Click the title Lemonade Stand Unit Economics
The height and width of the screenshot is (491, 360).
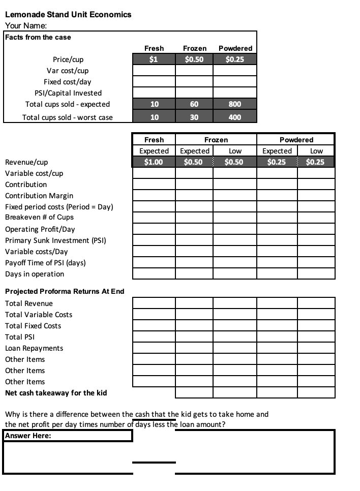[68, 14]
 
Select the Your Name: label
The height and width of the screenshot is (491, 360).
[26, 26]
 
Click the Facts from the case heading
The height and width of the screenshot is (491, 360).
[38, 37]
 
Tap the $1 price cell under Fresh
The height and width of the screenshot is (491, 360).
[154, 59]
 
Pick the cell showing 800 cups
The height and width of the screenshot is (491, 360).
[235, 104]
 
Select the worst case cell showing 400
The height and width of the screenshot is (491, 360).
[235, 117]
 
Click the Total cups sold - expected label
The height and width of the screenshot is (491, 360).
[68, 104]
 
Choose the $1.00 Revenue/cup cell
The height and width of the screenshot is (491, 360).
[154, 162]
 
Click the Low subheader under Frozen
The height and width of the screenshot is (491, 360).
[235, 151]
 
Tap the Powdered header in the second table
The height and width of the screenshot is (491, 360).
[296, 140]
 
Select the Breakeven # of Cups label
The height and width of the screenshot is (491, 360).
[39, 217]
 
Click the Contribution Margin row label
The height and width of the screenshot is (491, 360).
[39, 196]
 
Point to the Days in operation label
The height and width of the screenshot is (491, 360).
[35, 274]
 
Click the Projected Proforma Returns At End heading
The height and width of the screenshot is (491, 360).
[65, 291]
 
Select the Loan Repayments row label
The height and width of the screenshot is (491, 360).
[34, 348]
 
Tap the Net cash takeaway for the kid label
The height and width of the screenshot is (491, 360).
[56, 393]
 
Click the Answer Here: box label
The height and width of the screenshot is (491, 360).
[28, 436]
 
